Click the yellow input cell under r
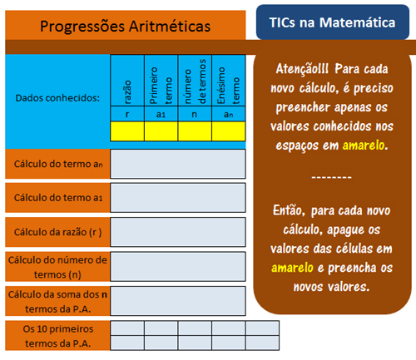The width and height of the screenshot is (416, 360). coord(127,131)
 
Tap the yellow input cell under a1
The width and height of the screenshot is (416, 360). coord(161,131)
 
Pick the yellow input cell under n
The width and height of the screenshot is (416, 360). coord(194,131)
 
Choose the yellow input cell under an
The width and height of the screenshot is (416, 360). coord(228,131)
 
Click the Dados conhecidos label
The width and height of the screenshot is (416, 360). coord(57,98)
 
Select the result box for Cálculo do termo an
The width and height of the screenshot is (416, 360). coord(178,165)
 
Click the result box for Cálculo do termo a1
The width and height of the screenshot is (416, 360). coord(178,198)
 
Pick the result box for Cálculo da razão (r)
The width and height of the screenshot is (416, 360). coord(178,232)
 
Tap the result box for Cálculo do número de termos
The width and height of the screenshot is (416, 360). coord(178,266)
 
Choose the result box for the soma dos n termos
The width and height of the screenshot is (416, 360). coord(178,300)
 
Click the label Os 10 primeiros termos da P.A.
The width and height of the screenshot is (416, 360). coord(57,335)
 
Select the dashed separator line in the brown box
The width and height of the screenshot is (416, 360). coord(331,177)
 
